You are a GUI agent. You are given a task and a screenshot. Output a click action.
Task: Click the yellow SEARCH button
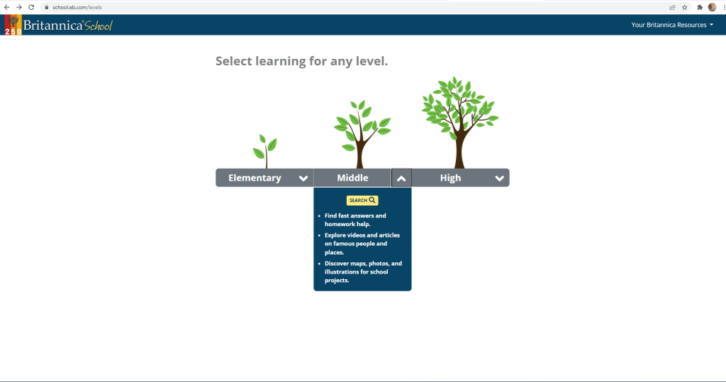(x=362, y=201)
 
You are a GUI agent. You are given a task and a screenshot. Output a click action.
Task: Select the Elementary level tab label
(x=255, y=178)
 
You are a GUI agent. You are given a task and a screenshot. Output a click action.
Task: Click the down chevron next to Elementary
(x=303, y=179)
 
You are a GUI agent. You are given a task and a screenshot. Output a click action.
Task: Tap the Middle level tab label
(x=352, y=178)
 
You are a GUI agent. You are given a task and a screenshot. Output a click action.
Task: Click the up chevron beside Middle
(x=401, y=179)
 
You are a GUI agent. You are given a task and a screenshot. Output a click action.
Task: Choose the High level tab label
(x=450, y=178)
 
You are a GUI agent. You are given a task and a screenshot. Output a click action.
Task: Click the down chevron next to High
(x=499, y=179)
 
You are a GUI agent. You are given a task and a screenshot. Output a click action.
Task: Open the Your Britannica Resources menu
(x=672, y=25)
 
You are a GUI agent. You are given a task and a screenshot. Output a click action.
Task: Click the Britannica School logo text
(x=67, y=26)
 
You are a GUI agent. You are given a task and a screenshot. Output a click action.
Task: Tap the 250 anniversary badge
(x=13, y=25)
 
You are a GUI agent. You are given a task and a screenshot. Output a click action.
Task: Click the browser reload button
(x=31, y=7)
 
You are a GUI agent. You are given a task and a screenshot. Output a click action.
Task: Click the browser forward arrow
(x=19, y=7)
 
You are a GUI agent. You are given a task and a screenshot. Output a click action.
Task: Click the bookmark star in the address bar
(x=685, y=7)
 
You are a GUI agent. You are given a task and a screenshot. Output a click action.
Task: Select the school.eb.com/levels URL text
(x=77, y=7)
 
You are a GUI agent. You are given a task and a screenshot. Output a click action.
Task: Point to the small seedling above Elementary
(x=265, y=151)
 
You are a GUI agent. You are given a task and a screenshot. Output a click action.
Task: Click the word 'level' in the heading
(x=370, y=61)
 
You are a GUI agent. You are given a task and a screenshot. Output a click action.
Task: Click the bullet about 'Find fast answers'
(x=355, y=220)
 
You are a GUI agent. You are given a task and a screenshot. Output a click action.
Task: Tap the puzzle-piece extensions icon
(x=700, y=7)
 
